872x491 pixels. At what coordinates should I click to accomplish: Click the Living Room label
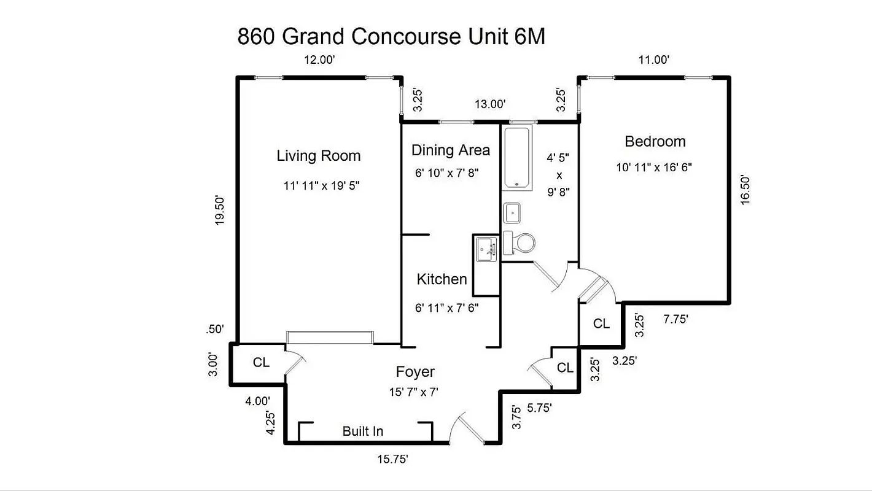pos(318,156)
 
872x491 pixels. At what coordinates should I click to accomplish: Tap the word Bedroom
pos(655,142)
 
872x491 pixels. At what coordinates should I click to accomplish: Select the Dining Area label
pos(450,150)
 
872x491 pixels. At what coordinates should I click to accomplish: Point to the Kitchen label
pos(442,279)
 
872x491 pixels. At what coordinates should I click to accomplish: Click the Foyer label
pos(415,372)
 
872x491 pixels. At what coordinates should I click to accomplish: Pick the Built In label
pos(362,431)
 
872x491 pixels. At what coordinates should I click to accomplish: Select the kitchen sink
pos(488,249)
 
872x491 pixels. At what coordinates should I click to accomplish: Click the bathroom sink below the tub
pos(513,213)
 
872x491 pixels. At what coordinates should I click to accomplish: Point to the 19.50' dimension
pos(220,211)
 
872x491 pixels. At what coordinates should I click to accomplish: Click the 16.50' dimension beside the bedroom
pos(745,190)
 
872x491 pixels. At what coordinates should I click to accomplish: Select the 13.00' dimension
pos(489,104)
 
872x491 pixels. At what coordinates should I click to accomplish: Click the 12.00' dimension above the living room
pos(320,60)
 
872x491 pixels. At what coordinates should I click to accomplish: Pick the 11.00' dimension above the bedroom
pos(653,60)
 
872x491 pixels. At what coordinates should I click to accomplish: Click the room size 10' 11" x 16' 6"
pos(654,167)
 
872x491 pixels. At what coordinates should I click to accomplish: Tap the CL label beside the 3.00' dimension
pos(261,363)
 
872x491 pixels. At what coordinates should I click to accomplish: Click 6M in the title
pos(527,37)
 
